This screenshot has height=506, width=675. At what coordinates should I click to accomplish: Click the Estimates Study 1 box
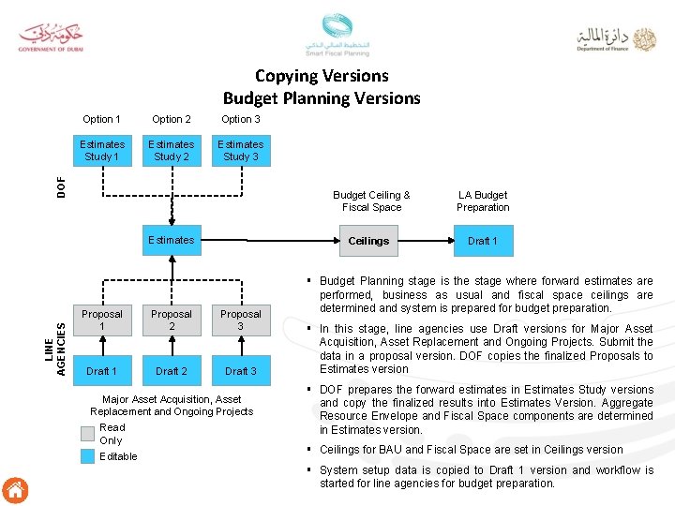click(102, 151)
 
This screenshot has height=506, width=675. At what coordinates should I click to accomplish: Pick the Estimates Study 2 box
click(172, 151)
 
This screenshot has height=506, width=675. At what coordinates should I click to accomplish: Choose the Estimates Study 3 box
click(241, 151)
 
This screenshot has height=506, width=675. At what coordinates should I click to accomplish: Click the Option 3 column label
click(241, 119)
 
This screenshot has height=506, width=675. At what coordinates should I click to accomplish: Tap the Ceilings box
click(369, 241)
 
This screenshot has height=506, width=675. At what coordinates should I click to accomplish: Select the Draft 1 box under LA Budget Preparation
click(483, 241)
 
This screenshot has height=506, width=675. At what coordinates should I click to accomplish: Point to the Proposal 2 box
click(172, 320)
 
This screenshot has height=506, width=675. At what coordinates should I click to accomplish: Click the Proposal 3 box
click(241, 320)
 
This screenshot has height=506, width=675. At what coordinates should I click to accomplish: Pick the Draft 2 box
click(172, 371)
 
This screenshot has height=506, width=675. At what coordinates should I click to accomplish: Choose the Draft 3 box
click(241, 371)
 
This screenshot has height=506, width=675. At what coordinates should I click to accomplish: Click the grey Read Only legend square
click(87, 433)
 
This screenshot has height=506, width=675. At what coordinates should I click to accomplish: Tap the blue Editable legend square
click(87, 456)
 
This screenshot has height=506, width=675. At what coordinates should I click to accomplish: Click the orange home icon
click(16, 490)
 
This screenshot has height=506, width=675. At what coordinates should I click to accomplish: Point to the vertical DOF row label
click(61, 186)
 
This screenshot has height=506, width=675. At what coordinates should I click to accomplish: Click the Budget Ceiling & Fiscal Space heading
click(371, 201)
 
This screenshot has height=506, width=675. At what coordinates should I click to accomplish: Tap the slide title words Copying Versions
click(322, 76)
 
